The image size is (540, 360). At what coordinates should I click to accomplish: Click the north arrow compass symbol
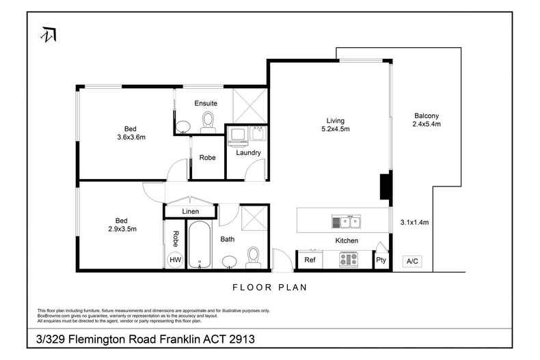[49, 34]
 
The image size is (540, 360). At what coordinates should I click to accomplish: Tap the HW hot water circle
[175, 260]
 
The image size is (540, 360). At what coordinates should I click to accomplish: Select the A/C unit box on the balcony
[412, 261]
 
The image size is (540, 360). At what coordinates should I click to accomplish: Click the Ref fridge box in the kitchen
[310, 260]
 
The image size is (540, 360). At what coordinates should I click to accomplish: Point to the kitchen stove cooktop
[349, 259]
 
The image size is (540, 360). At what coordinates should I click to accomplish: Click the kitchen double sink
[346, 222]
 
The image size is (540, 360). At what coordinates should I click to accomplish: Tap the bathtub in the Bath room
[200, 245]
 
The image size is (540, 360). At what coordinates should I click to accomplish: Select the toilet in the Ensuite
[208, 122]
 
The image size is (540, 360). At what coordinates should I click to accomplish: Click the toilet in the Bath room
[253, 258]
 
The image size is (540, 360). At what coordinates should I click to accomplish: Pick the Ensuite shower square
[250, 106]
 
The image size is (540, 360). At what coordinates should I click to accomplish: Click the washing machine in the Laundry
[238, 136]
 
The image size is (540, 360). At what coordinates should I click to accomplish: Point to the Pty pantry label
[381, 260]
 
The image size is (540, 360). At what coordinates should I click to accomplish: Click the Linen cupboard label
[191, 211]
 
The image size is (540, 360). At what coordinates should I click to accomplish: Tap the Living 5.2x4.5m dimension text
[336, 124]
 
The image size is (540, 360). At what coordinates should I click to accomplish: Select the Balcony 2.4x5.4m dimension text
[427, 120]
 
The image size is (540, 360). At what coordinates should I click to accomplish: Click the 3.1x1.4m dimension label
[414, 222]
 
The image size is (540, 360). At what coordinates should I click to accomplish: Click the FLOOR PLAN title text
[269, 288]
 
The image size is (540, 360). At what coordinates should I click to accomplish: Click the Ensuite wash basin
[183, 126]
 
